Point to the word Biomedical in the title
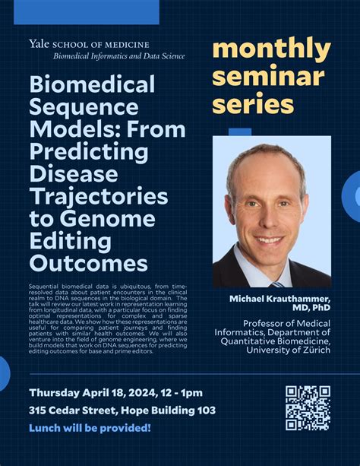(92, 84)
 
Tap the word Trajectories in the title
(99, 197)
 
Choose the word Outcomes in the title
(88, 264)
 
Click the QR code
(308, 408)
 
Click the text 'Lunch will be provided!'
(90, 428)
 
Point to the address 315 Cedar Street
(73, 411)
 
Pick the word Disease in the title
(74, 174)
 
